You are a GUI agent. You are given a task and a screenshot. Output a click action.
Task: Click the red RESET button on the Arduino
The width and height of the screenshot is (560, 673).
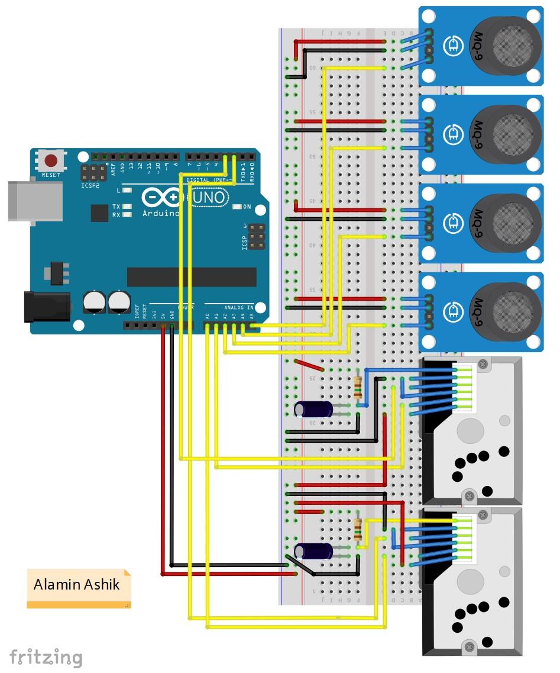[x=51, y=161]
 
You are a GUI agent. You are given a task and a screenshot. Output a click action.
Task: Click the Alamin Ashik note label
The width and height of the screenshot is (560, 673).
[x=77, y=585]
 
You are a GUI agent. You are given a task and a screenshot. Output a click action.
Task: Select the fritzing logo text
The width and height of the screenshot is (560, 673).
[x=46, y=657]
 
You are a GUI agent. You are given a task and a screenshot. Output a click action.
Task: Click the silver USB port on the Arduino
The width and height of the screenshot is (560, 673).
[x=34, y=201]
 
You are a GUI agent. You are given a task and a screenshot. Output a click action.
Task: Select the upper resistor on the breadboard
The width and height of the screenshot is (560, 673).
[x=357, y=387]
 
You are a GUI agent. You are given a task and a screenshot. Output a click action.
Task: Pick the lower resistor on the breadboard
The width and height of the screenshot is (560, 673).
[x=357, y=529]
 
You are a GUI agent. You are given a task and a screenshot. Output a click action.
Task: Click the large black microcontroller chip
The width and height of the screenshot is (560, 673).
[x=192, y=276]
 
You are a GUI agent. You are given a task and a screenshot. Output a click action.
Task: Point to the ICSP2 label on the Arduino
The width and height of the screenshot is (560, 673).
[x=91, y=185]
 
